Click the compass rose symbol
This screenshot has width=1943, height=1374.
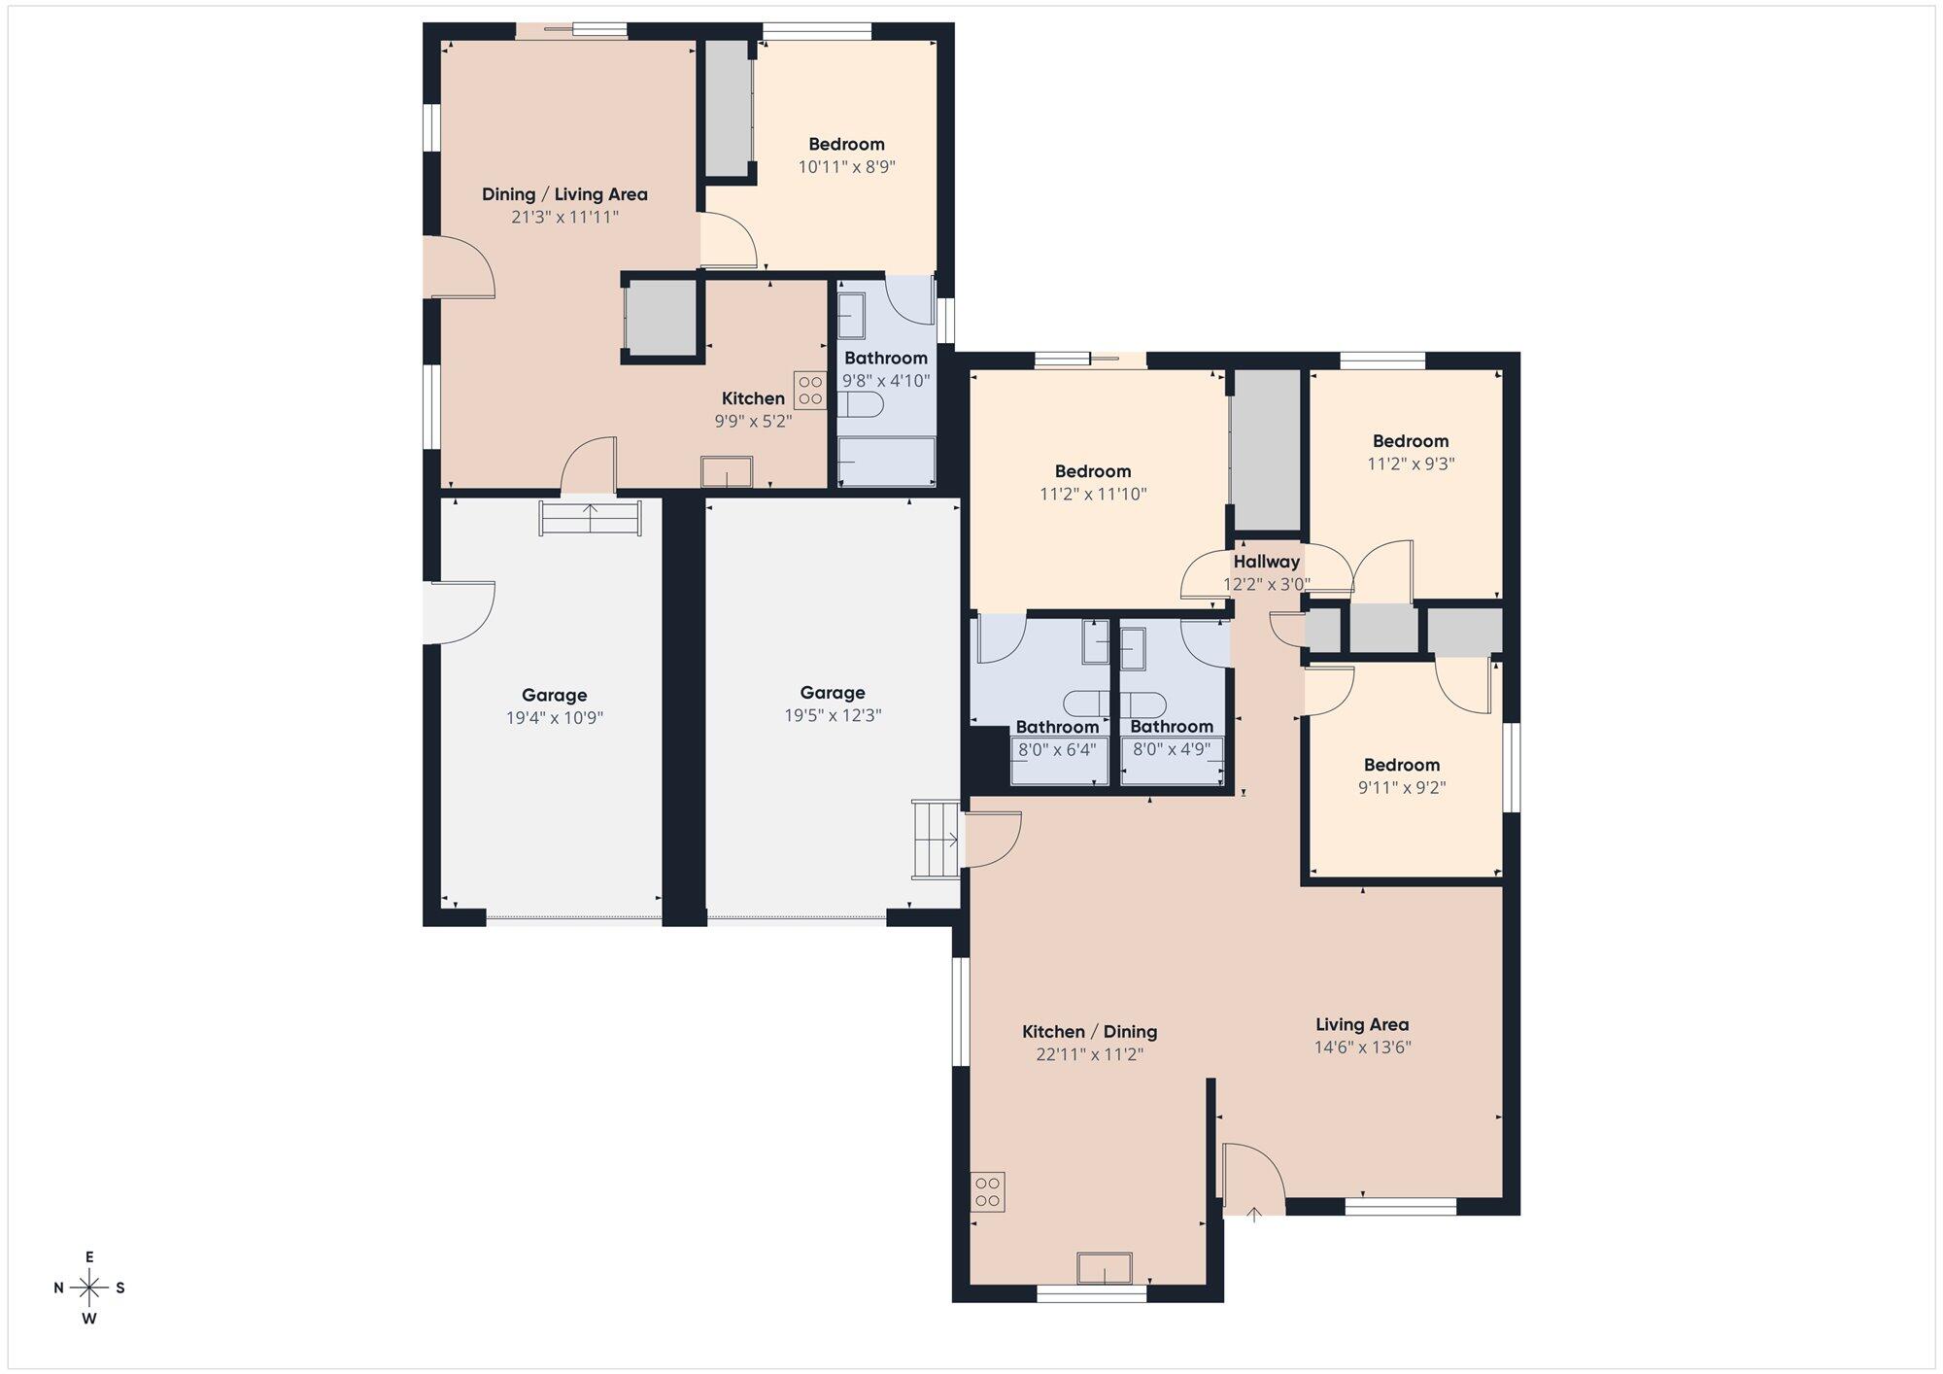[x=89, y=1288]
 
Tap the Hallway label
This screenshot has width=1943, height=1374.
[x=1266, y=562]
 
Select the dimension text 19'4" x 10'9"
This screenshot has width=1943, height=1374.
[x=554, y=718]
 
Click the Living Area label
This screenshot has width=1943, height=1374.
[x=1361, y=1024]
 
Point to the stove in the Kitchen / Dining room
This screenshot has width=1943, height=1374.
[x=988, y=1192]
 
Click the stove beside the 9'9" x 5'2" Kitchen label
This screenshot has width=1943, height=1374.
[x=809, y=391]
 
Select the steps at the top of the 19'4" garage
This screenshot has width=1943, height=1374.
[x=590, y=518]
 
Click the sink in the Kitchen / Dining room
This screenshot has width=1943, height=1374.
[x=1104, y=1268]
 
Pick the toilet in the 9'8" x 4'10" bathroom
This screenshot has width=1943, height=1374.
[x=861, y=405]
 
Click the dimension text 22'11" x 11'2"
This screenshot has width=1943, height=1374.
[x=1089, y=1054]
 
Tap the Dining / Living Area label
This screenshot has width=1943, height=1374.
[x=564, y=194]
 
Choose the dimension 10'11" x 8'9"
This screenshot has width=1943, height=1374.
[x=846, y=167]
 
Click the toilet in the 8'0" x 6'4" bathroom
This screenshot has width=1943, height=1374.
[x=1085, y=702]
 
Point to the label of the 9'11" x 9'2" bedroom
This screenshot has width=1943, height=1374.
[x=1401, y=765]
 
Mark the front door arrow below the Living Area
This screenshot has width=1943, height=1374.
[x=1253, y=1214]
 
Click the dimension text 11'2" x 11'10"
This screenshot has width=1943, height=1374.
[x=1093, y=495]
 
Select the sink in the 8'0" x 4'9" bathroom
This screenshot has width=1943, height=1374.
[x=1133, y=648]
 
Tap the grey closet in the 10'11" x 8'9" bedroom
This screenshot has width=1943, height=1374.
[x=728, y=108]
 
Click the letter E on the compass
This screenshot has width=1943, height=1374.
[x=89, y=1257]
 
